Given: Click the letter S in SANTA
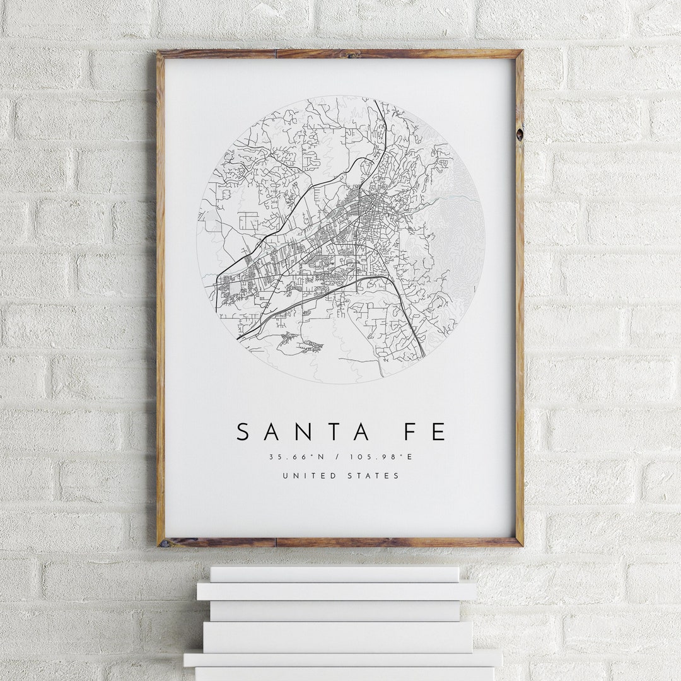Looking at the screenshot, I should [244, 432].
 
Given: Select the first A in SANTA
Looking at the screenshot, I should [272, 432].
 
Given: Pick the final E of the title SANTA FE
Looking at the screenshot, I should [439, 432].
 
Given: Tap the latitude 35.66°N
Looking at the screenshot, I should [293, 457].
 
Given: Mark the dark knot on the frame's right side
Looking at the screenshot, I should [519, 134].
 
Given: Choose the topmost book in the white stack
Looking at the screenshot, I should [334, 574].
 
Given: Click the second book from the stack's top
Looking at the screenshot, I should [336, 591].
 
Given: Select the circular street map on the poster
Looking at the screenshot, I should [340, 240].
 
